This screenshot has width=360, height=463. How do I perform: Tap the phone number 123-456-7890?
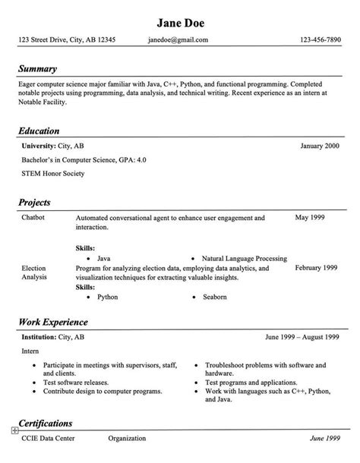coord(320,39)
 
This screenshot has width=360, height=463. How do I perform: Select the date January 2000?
coord(320,145)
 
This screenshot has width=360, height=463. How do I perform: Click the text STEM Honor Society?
coord(52,174)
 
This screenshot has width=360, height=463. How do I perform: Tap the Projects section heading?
coord(39,203)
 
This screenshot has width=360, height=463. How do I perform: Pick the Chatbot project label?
coord(33,219)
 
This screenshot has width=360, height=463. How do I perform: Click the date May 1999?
coord(311,219)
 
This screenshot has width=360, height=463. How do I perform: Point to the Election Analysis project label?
coord(34,273)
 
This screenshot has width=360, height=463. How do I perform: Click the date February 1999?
coord(316,269)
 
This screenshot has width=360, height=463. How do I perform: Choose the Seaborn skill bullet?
coord(214,297)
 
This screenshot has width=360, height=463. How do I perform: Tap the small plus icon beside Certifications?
coord(14,430)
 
